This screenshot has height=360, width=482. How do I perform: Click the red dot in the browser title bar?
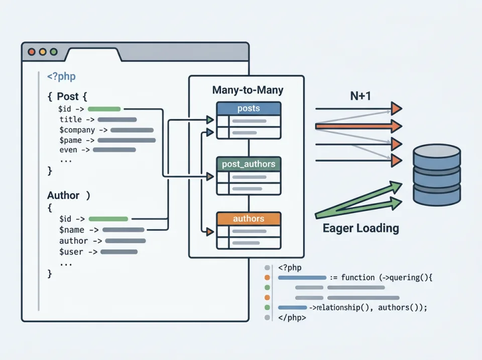point(32,52)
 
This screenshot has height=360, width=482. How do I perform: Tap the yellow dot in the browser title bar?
point(43,52)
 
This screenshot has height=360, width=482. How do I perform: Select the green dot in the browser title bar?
point(54,52)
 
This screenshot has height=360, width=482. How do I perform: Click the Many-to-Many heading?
point(248,90)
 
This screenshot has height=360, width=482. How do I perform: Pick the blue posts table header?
point(249,109)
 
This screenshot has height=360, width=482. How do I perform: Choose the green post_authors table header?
point(249,164)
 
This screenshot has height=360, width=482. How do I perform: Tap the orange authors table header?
point(249,219)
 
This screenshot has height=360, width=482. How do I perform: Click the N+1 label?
point(360,95)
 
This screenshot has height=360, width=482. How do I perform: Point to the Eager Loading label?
point(360,228)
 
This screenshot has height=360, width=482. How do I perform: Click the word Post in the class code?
point(68,96)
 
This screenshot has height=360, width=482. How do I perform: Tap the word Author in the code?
point(63,195)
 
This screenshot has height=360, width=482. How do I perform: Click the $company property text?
point(77,130)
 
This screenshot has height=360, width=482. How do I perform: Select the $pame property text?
point(70,140)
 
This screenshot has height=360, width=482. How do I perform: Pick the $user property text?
point(71,252)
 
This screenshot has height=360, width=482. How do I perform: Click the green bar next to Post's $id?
point(104,108)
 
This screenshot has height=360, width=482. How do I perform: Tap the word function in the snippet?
point(357,277)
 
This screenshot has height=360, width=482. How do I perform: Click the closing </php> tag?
point(292,317)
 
